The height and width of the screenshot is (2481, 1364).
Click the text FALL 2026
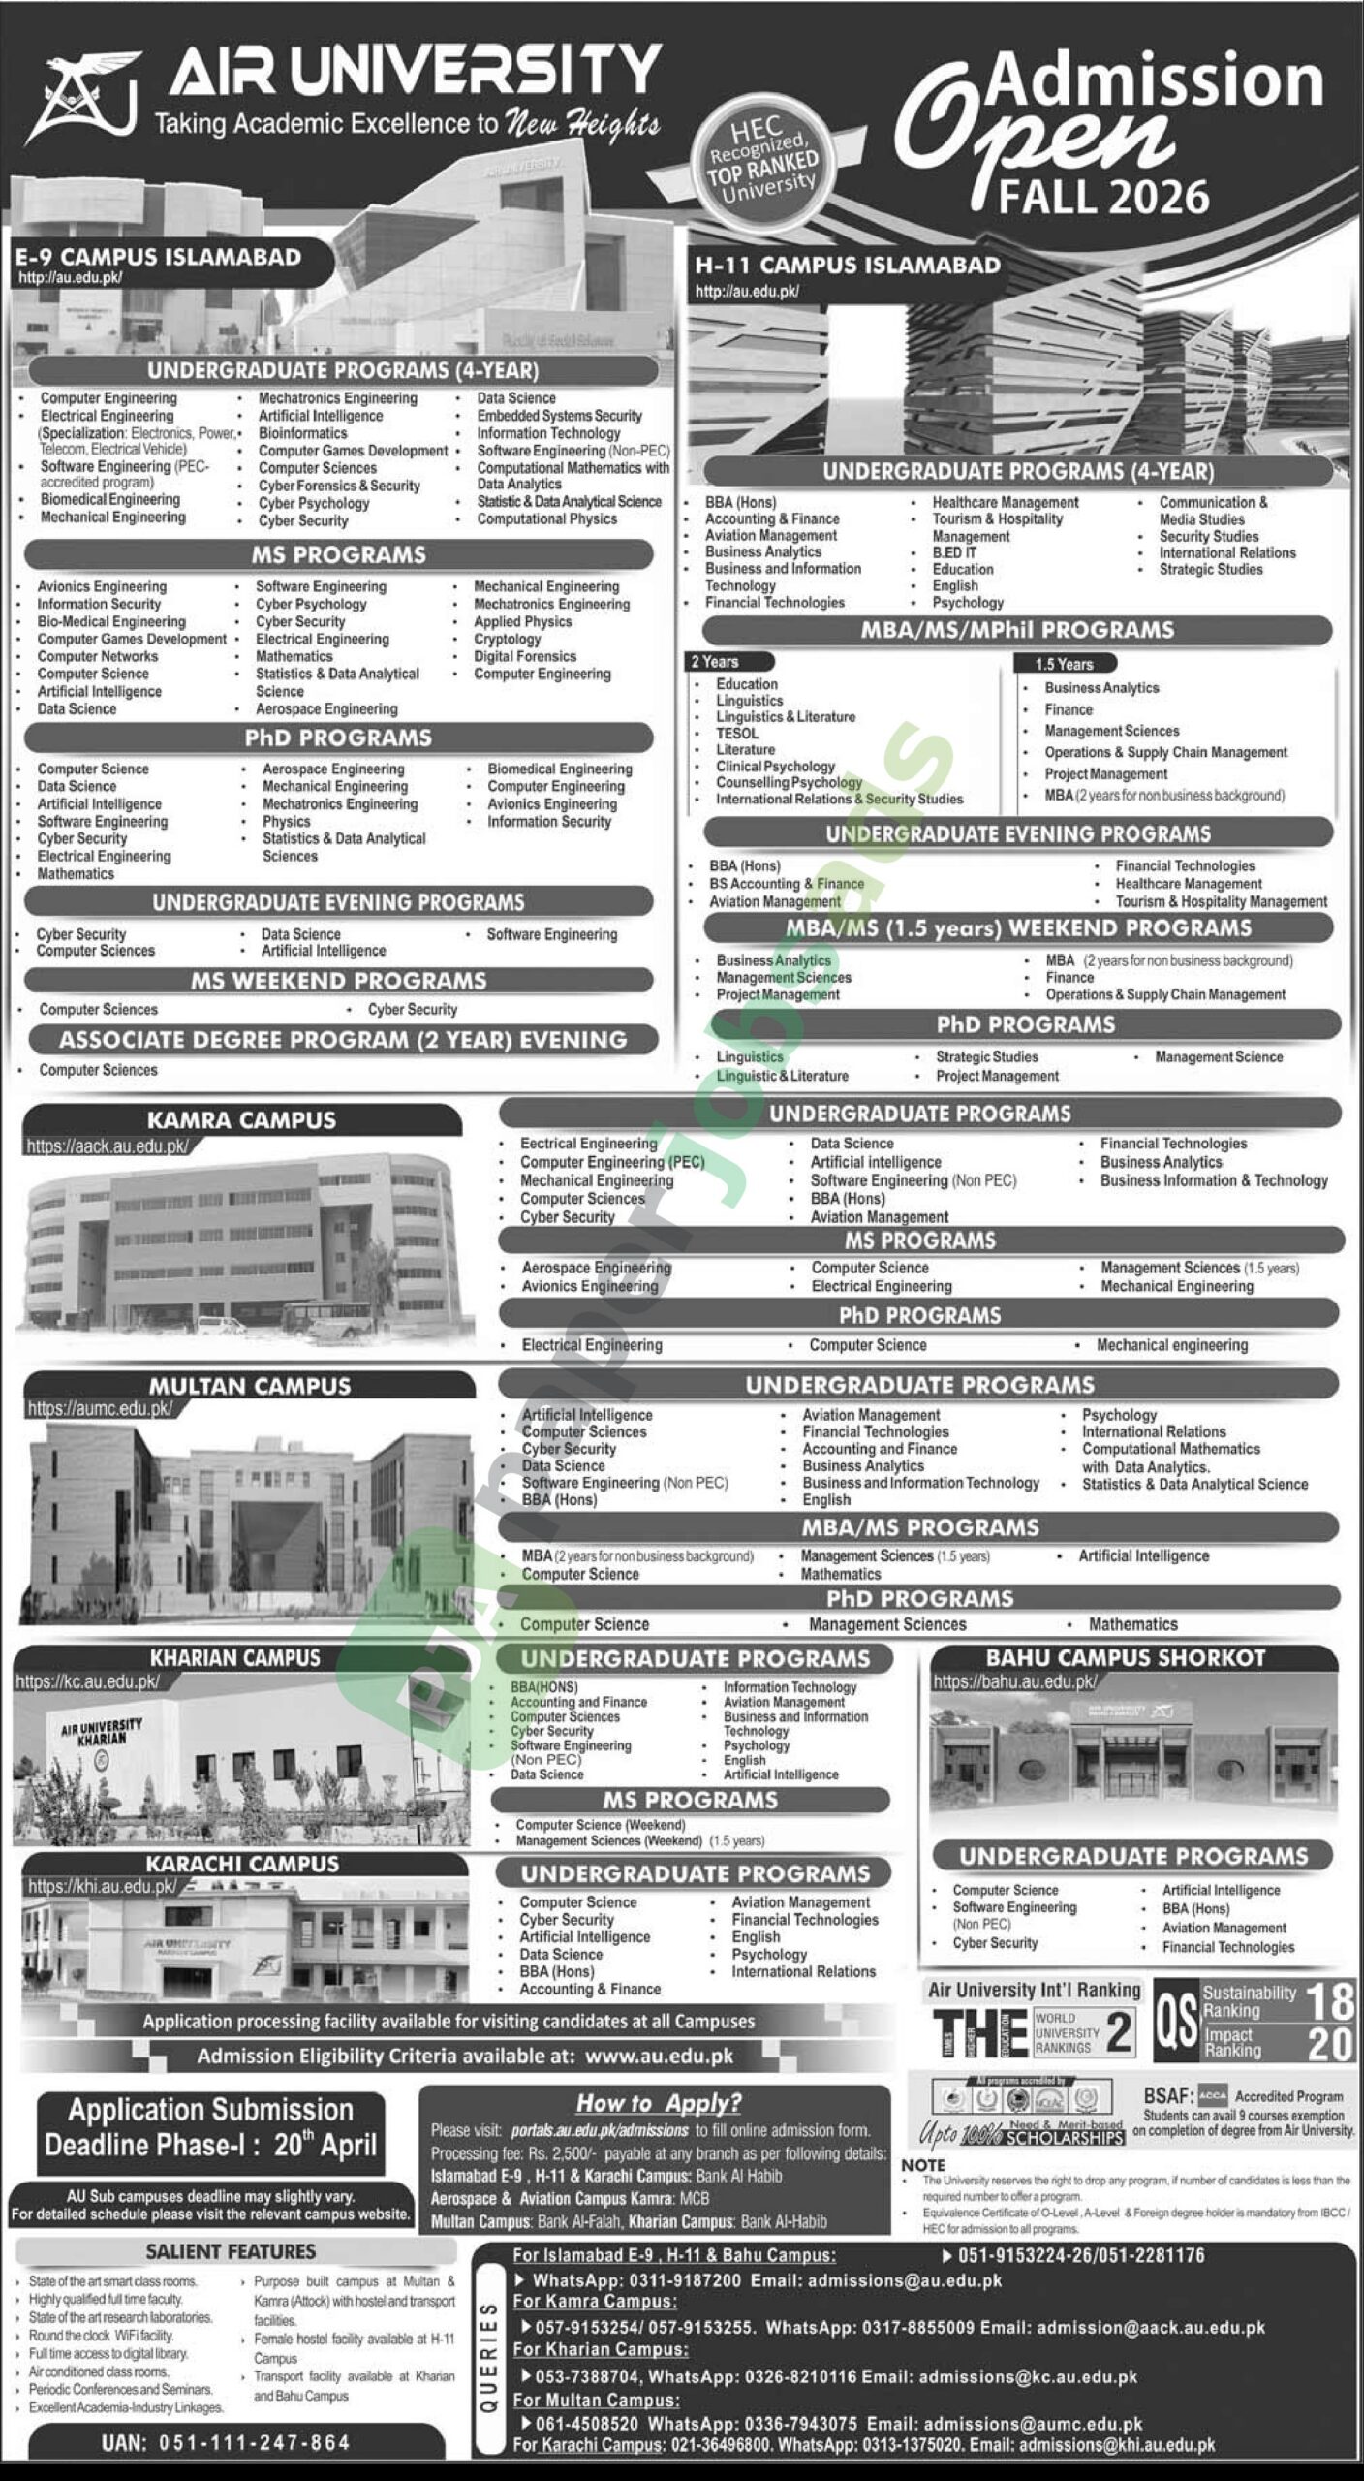(x=1103, y=197)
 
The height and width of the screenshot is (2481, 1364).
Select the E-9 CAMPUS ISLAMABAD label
(x=158, y=258)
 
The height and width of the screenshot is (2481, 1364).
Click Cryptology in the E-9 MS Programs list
(x=507, y=639)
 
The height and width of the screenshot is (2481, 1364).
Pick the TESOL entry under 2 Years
(x=737, y=733)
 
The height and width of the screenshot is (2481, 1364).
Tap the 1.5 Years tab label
(x=1064, y=664)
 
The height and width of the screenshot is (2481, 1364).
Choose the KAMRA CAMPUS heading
(x=241, y=1120)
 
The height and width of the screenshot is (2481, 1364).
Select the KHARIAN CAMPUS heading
(x=234, y=1658)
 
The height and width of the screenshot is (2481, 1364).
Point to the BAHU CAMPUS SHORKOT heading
(x=1126, y=1658)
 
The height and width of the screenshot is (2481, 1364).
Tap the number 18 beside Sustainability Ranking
(x=1329, y=2000)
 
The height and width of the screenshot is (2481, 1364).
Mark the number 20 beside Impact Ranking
(x=1329, y=2044)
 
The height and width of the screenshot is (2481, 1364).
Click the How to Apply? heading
(x=658, y=2103)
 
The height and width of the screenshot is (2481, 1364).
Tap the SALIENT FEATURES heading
(x=231, y=2251)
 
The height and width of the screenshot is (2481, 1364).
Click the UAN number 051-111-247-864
(x=226, y=2443)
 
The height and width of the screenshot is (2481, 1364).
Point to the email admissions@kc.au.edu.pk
(x=1028, y=2376)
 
